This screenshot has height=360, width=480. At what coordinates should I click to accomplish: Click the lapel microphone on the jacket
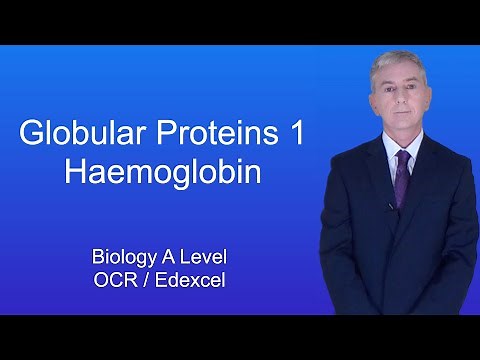click(x=391, y=207)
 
